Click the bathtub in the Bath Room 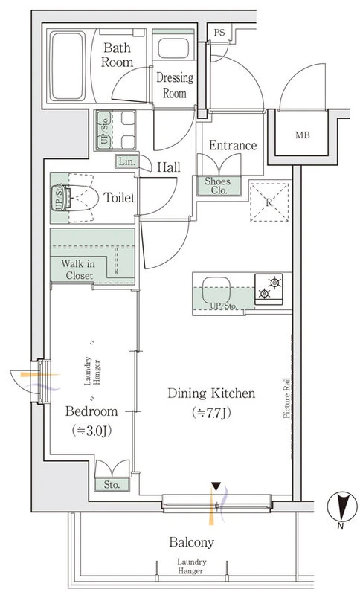[68, 66]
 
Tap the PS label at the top [219, 33]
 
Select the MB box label [302, 135]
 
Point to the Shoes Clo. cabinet [219, 186]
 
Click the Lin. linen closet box [127, 162]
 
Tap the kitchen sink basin [216, 290]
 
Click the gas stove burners [269, 289]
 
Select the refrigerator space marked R [269, 202]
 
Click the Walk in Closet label [78, 269]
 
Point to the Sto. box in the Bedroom [112, 485]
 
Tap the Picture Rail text [287, 399]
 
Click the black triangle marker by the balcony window [216, 486]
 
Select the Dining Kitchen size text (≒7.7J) [211, 412]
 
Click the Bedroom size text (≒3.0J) [91, 431]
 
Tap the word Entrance [233, 145]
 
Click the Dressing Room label [175, 86]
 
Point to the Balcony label [192, 542]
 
